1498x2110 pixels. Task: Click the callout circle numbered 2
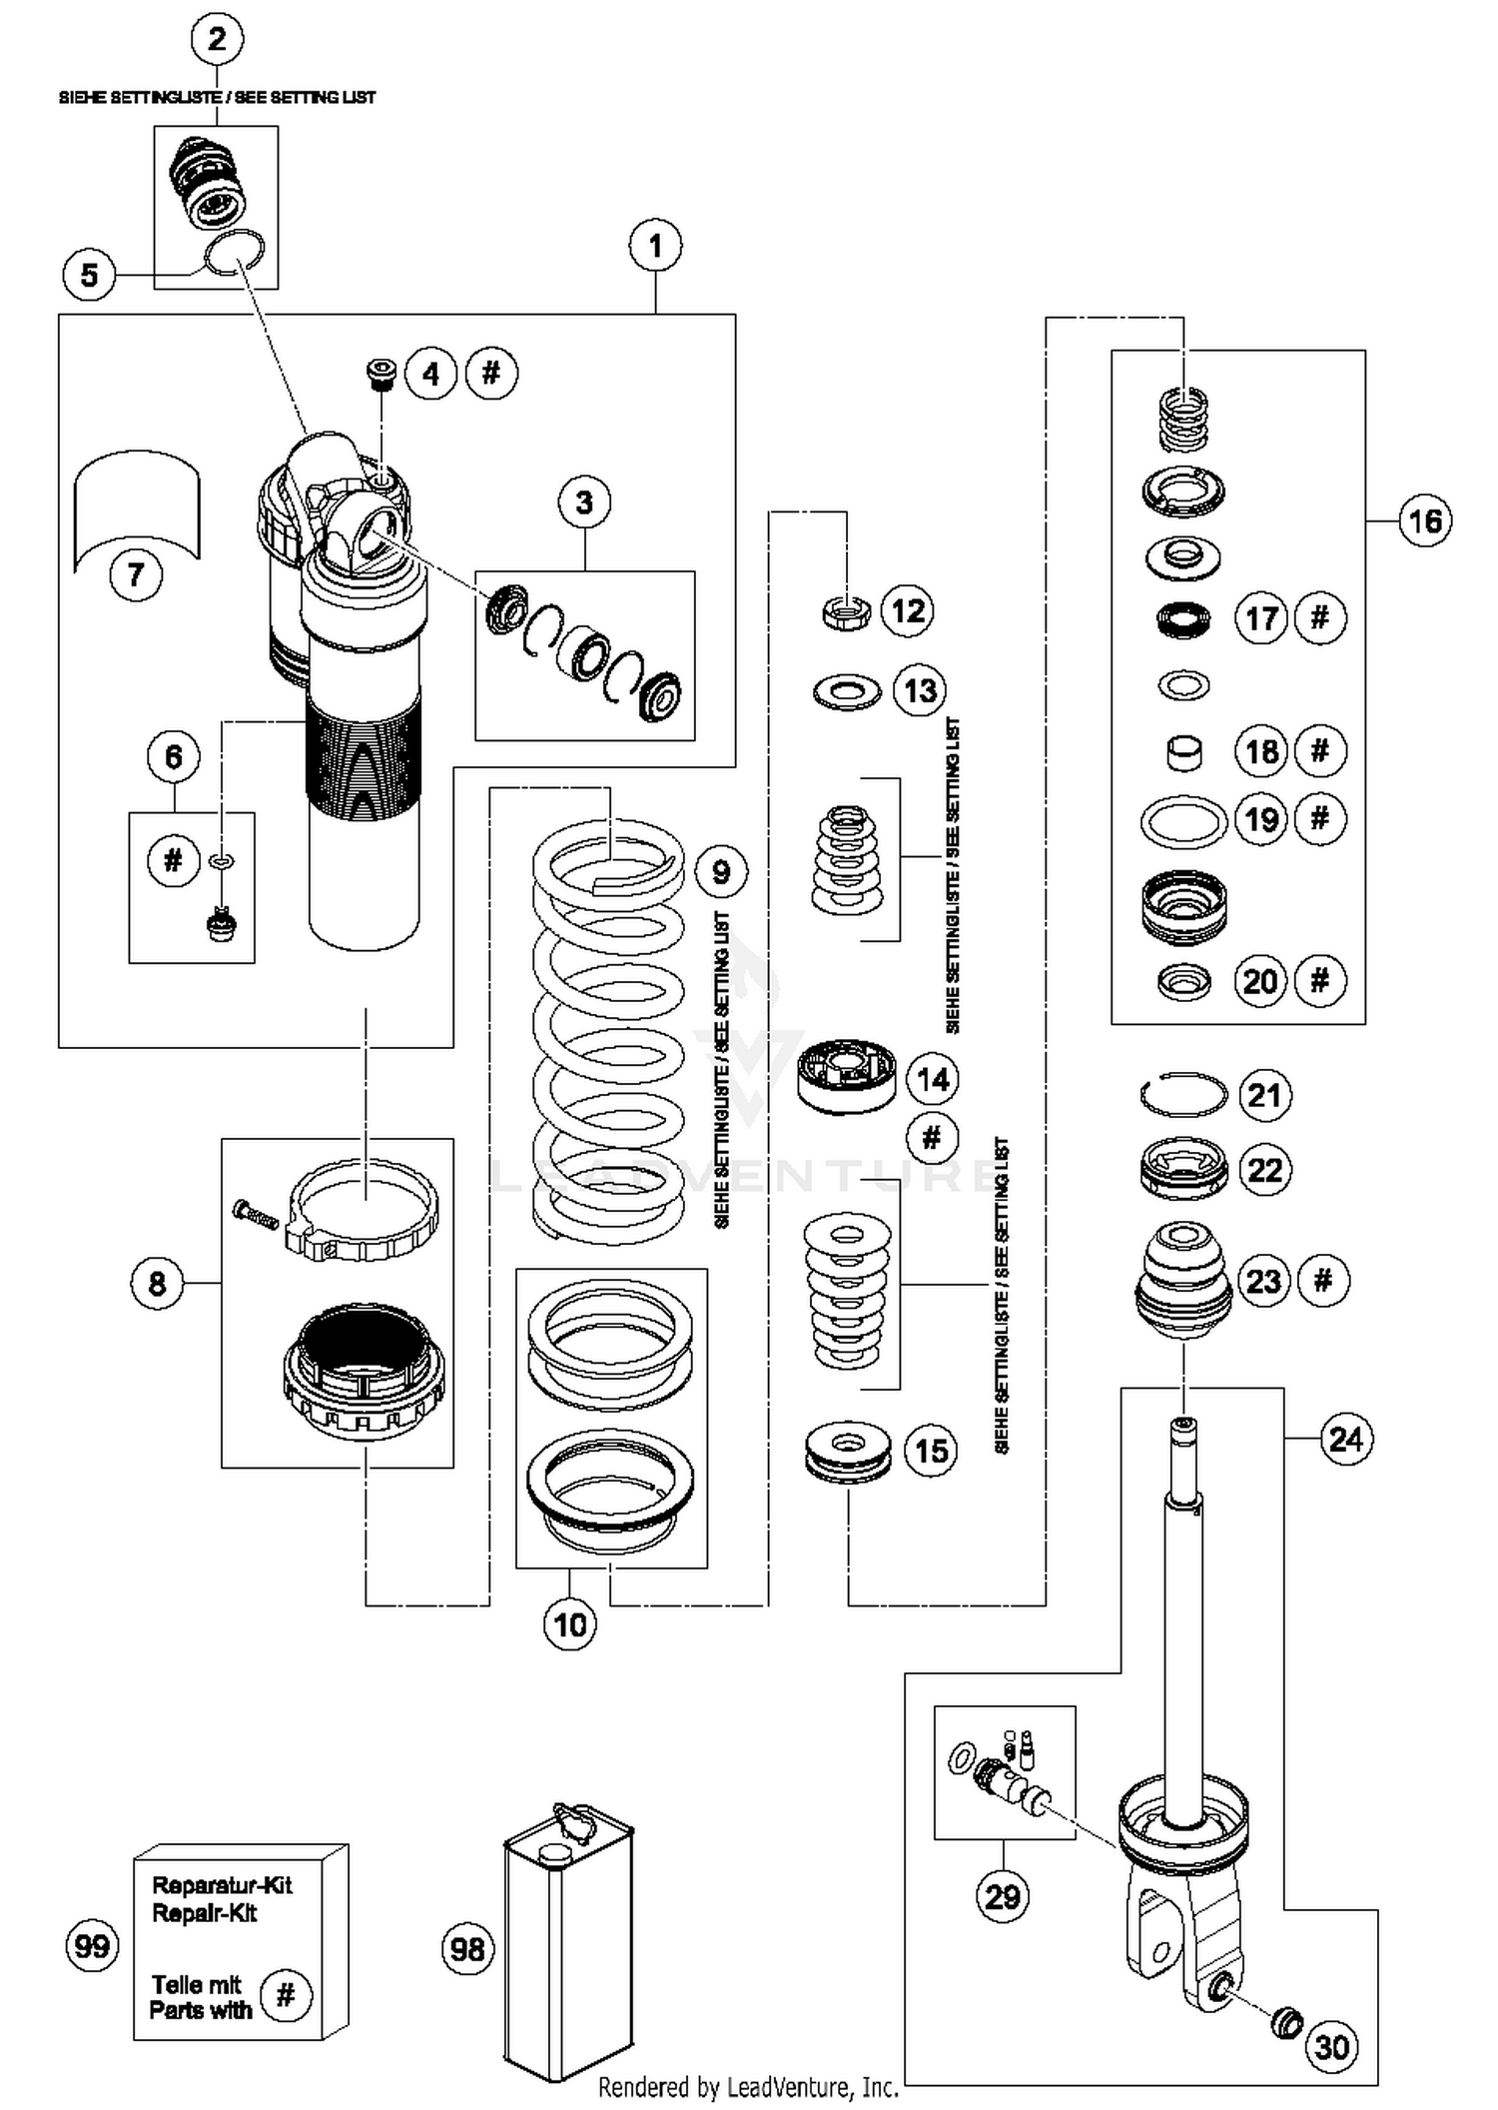(217, 40)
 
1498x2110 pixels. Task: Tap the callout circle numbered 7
(136, 574)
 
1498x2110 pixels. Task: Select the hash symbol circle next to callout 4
(490, 374)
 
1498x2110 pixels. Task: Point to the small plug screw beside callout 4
(379, 374)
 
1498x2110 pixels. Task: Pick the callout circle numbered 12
(908, 610)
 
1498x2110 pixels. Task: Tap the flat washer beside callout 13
(847, 690)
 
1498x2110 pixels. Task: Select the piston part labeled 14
(848, 1077)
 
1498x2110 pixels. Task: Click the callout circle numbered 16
(1425, 521)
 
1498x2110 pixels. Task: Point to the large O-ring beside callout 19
(1183, 821)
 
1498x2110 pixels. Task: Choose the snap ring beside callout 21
(1183, 1095)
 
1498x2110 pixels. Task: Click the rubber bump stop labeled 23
(1183, 1282)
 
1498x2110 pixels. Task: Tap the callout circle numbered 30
(1332, 2047)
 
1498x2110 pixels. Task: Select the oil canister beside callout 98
(568, 1943)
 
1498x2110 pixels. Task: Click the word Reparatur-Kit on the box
(222, 1885)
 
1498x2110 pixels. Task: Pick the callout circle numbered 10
(569, 1624)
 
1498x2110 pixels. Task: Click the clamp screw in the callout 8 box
(256, 1214)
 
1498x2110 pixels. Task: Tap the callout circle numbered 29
(1002, 1896)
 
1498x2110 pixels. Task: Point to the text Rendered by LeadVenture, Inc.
(748, 2087)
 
